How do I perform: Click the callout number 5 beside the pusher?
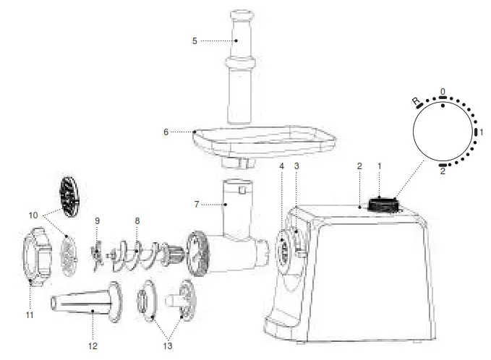click(195, 41)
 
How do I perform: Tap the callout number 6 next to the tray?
click(166, 132)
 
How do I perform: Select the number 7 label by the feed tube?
click(195, 205)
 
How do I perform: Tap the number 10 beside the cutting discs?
click(31, 215)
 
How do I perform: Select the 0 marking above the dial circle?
click(443, 92)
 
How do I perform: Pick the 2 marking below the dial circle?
click(443, 171)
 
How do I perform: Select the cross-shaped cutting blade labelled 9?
click(94, 252)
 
